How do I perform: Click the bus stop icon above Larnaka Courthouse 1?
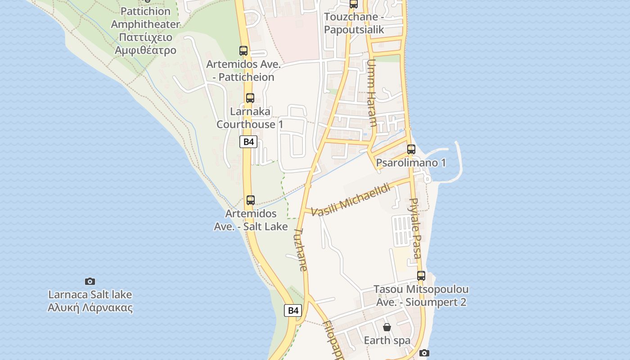click(250, 98)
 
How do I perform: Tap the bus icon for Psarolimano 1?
click(411, 149)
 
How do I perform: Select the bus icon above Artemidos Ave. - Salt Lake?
click(251, 200)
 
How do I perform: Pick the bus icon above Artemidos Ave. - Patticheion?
click(243, 51)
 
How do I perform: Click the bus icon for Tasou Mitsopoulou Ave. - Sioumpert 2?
click(421, 276)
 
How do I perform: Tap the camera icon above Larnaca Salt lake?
click(90, 281)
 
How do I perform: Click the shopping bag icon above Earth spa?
click(387, 327)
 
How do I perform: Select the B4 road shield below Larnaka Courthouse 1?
click(248, 142)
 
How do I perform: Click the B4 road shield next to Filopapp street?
click(293, 310)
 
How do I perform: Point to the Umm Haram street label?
click(372, 93)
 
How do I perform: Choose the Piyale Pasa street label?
click(415, 229)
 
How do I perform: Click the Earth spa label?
click(387, 340)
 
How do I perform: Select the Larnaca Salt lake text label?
click(90, 301)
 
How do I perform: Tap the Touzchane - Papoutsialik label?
click(354, 23)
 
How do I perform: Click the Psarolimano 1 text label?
click(411, 163)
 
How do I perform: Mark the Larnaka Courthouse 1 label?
click(250, 117)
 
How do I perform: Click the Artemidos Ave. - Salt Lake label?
click(251, 220)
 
